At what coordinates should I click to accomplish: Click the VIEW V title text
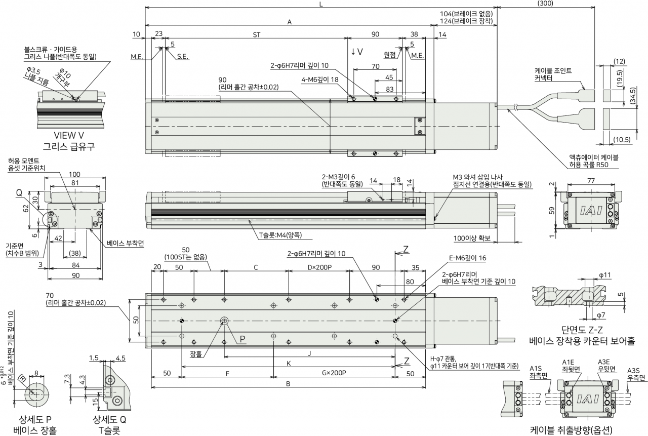tap(69, 135)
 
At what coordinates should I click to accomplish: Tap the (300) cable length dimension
tap(545, 3)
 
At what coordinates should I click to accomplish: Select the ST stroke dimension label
tap(257, 35)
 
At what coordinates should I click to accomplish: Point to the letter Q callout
tap(19, 192)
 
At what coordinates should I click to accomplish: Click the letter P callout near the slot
tap(242, 339)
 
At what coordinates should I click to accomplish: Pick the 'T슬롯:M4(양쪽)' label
tap(280, 235)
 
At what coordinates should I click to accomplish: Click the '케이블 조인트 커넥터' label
tap(553, 74)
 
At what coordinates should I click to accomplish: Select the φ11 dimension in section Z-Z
tap(605, 275)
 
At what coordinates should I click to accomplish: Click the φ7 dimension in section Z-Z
tap(601, 315)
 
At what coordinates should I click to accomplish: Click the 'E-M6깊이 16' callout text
tap(467, 258)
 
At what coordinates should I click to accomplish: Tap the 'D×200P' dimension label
tap(319, 267)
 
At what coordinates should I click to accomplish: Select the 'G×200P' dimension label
tap(334, 373)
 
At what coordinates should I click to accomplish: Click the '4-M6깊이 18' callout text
tap(319, 80)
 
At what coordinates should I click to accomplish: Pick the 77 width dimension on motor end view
tap(591, 181)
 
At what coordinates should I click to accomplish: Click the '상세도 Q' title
tap(109, 419)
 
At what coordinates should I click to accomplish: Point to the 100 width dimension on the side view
tap(74, 174)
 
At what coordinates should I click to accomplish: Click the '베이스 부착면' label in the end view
tap(125, 243)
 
